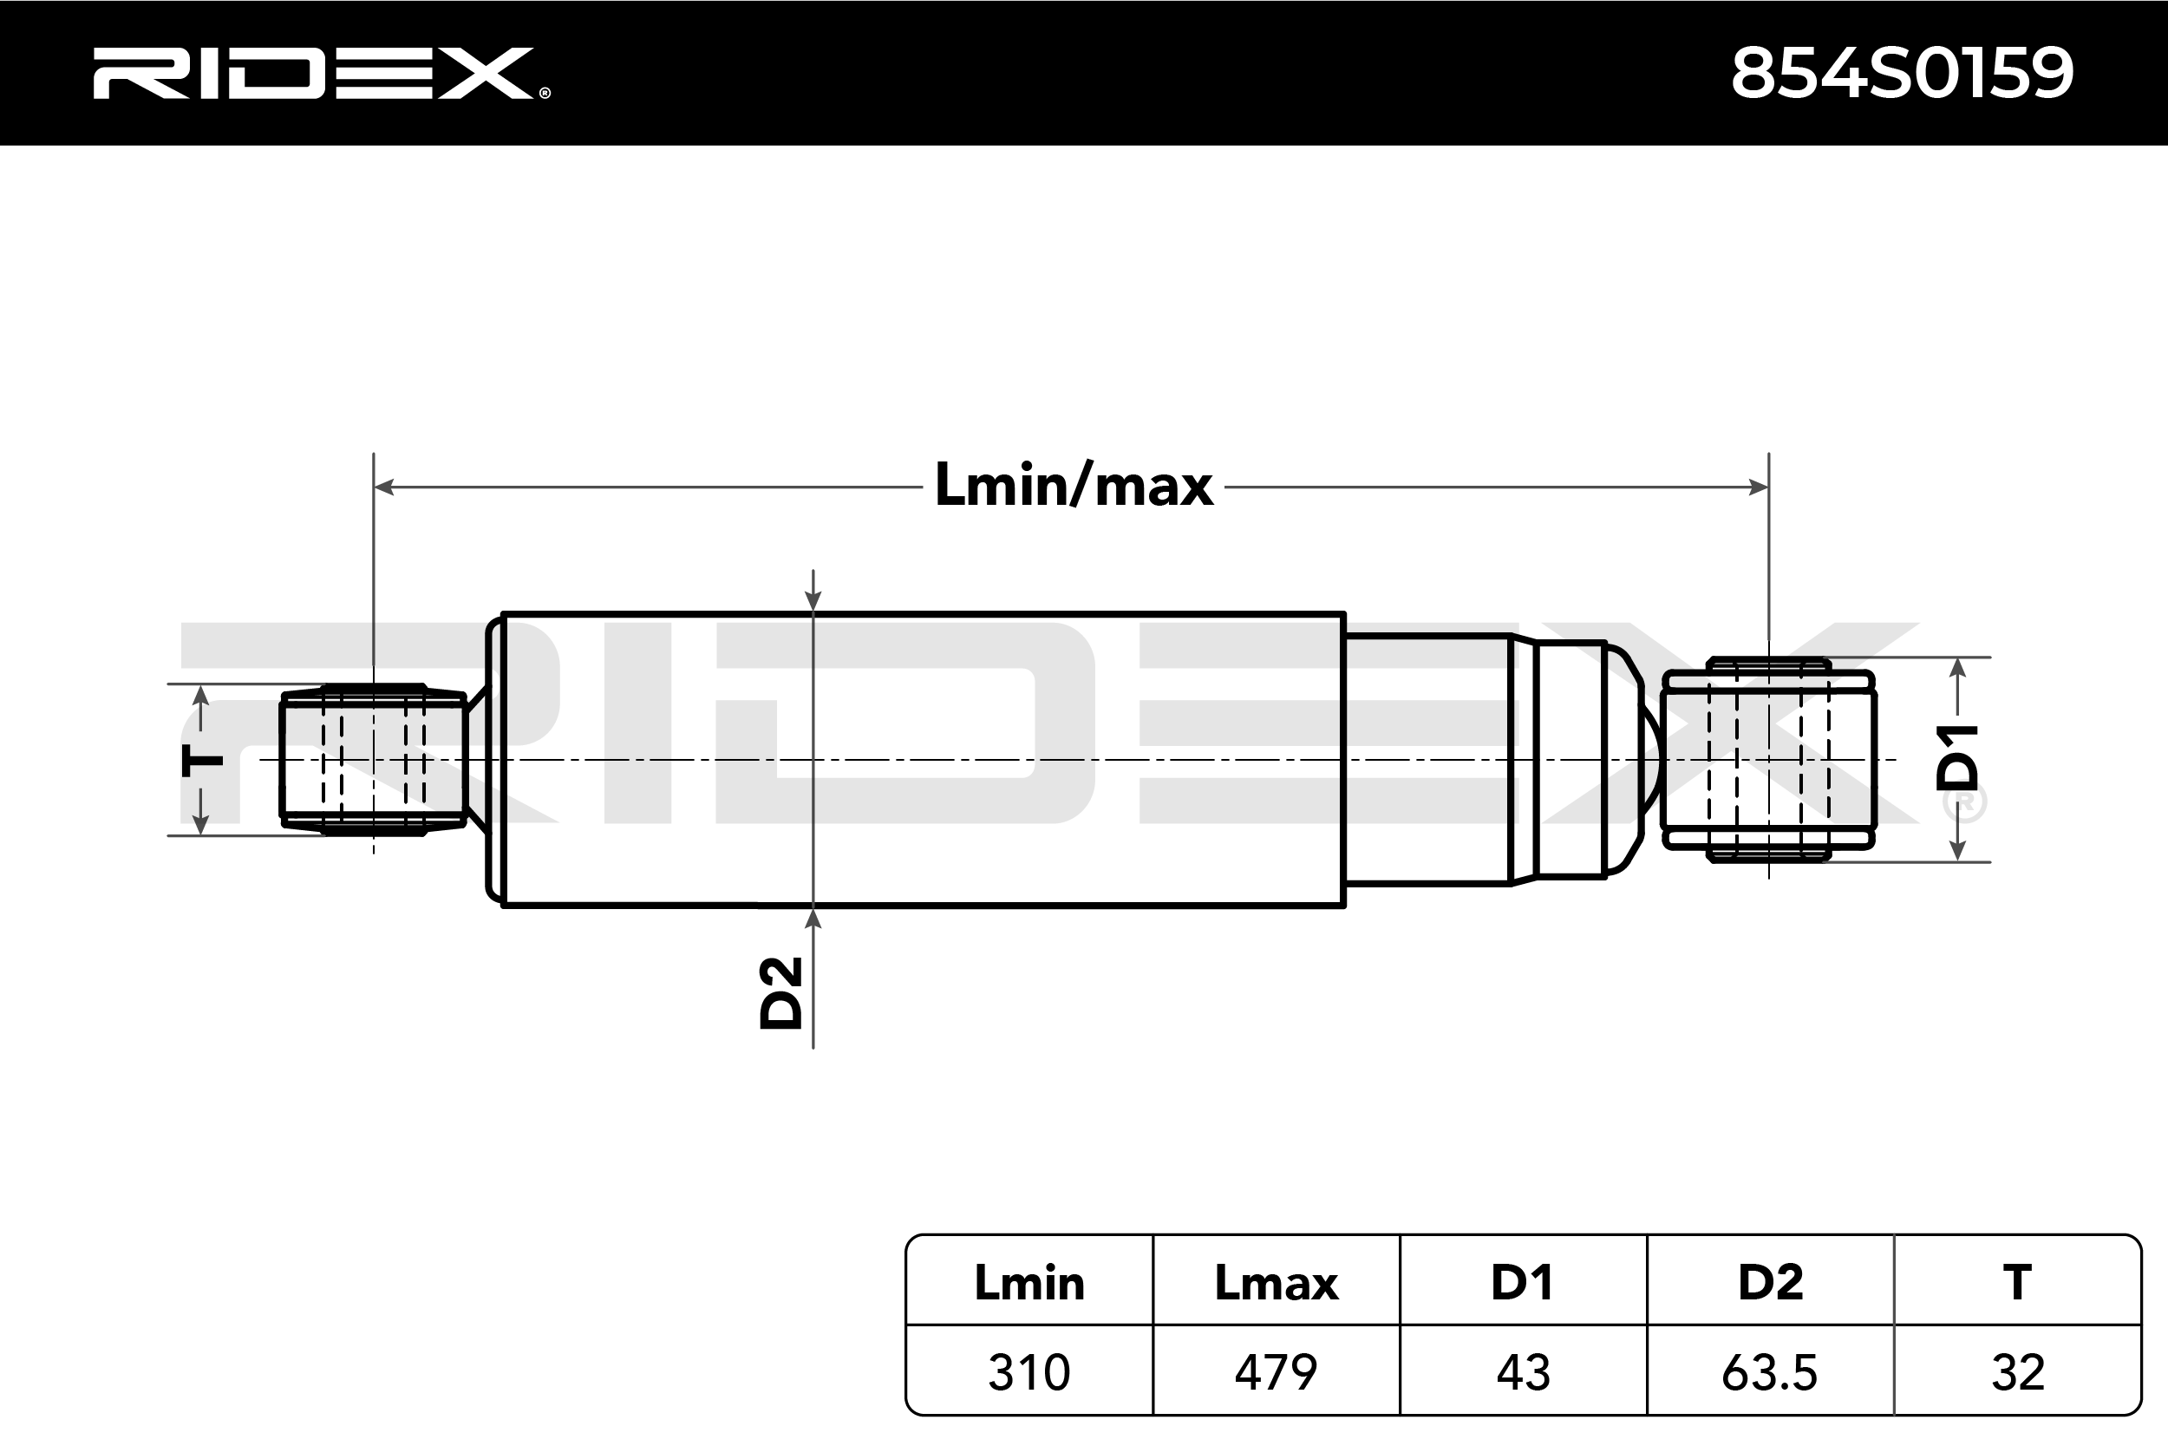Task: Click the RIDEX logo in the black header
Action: pyautogui.click(x=321, y=73)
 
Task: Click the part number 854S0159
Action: pyautogui.click(x=1903, y=73)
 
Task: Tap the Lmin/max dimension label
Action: pyautogui.click(x=1074, y=486)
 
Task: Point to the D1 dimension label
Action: pyautogui.click(x=1957, y=758)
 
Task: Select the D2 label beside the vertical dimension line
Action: pyautogui.click(x=780, y=992)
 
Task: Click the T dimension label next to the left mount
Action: pyautogui.click(x=202, y=760)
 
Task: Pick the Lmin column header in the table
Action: pyautogui.click(x=1028, y=1282)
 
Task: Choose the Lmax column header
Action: pyautogui.click(x=1276, y=1282)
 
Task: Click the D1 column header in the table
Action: pyautogui.click(x=1523, y=1282)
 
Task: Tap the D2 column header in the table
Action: pyautogui.click(x=1771, y=1282)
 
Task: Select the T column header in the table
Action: pyautogui.click(x=2017, y=1282)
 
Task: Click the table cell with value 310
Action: pyautogui.click(x=1028, y=1372)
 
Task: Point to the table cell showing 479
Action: pyautogui.click(x=1276, y=1372)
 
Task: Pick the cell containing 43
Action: pyautogui.click(x=1523, y=1372)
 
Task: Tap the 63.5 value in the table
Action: pyautogui.click(x=1770, y=1372)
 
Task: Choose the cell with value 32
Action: pyautogui.click(x=2018, y=1372)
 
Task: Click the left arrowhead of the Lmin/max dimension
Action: pyautogui.click(x=384, y=487)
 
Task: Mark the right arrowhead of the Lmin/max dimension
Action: pyautogui.click(x=1758, y=487)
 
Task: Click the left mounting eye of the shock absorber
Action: pyautogui.click(x=372, y=760)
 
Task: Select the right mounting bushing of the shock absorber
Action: pyautogui.click(x=1769, y=760)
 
